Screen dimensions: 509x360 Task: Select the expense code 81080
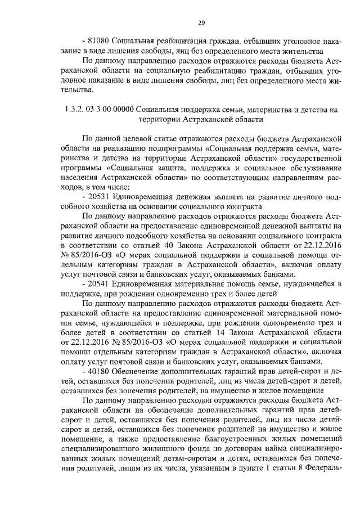coord(98,41)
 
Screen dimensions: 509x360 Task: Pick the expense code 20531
coord(98,212)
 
